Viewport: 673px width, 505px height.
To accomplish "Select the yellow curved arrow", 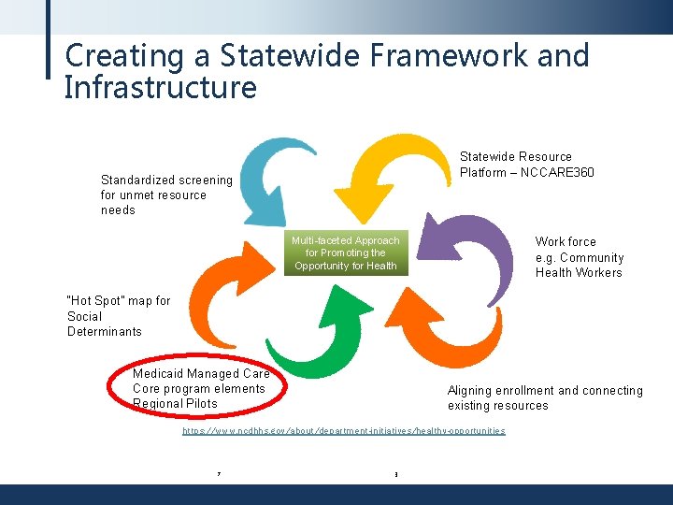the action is pos(397,168).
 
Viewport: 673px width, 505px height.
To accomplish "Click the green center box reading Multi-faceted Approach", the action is pos(346,253).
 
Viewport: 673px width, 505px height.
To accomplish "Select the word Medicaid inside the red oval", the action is pos(158,373).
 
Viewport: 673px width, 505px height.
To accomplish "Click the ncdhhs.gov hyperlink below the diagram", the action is pos(343,430).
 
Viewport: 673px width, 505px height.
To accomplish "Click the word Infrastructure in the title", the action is pos(160,88).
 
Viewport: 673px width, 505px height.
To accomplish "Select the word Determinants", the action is pos(105,331).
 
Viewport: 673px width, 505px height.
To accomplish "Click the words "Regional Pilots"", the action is pos(175,403).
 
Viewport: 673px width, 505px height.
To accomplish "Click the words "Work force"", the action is pos(566,241).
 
